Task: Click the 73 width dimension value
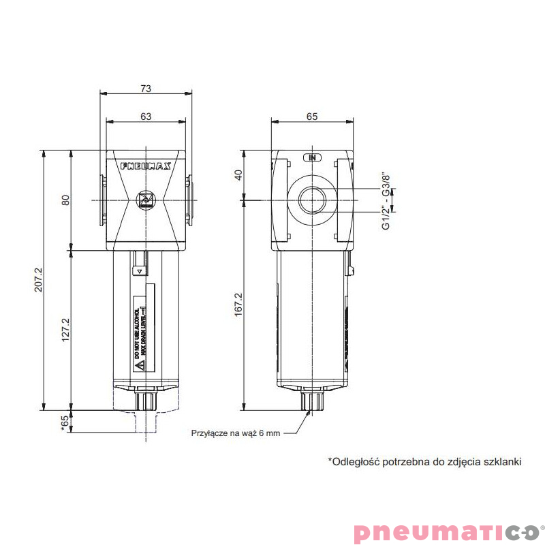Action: click(x=145, y=87)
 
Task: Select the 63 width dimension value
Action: click(x=145, y=116)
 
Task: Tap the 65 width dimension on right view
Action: click(x=312, y=116)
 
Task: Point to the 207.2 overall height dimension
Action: click(x=38, y=280)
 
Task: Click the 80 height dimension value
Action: click(x=66, y=200)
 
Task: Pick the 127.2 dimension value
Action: click(x=66, y=330)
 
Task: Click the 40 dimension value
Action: click(x=238, y=176)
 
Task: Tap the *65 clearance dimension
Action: click(x=65, y=422)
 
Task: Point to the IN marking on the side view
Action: click(x=313, y=157)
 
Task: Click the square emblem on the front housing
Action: click(x=145, y=200)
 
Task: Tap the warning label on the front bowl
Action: click(x=143, y=334)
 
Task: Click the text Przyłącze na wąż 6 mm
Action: click(x=236, y=433)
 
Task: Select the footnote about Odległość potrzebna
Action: click(x=424, y=462)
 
